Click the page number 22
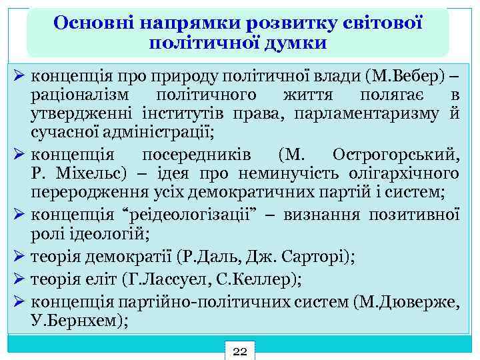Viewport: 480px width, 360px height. [x=240, y=351]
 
